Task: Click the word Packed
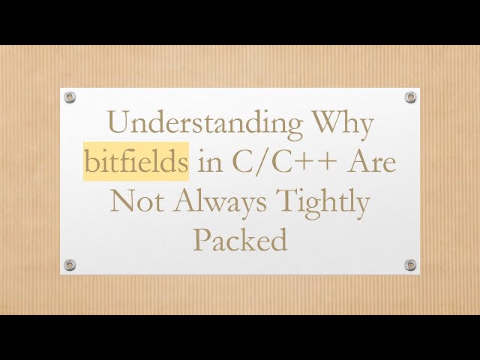pyautogui.click(x=240, y=240)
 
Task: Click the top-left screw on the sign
pyautogui.click(x=70, y=97)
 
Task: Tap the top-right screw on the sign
pyautogui.click(x=410, y=97)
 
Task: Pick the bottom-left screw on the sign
pyautogui.click(x=70, y=264)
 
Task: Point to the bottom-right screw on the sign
pyautogui.click(x=410, y=264)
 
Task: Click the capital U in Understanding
pyautogui.click(x=118, y=124)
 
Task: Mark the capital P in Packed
pyautogui.click(x=200, y=240)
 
